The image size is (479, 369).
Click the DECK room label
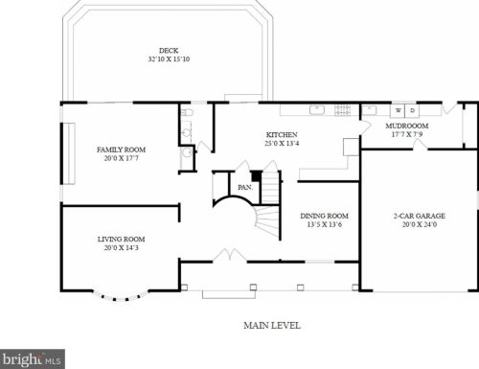[169, 51]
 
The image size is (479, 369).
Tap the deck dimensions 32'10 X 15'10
[169, 59]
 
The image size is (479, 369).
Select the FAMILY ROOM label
[122, 150]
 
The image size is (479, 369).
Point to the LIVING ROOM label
[122, 239]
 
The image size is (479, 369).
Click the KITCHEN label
[282, 134]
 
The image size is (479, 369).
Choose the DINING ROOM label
[325, 216]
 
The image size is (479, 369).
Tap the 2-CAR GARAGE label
[420, 216]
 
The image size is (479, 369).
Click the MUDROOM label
[407, 126]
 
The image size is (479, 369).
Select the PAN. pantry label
[245, 187]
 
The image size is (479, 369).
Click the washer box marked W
[398, 110]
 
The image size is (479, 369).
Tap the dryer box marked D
[412, 110]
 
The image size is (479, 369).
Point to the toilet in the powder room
[187, 113]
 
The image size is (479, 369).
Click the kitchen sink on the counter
[317, 110]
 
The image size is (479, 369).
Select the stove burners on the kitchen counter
[342, 110]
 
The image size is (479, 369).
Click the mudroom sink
[370, 110]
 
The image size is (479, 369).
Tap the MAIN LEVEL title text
[272, 326]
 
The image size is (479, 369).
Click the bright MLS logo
[33, 359]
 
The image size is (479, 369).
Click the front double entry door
[229, 255]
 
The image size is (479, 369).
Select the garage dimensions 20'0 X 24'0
[420, 224]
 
